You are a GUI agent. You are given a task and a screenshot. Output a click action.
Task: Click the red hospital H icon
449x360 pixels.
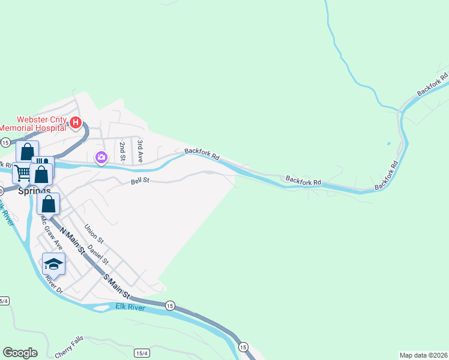[76, 124]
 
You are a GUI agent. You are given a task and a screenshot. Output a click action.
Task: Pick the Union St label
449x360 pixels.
[94, 234]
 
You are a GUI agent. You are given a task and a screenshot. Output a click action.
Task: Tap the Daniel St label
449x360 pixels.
[98, 254]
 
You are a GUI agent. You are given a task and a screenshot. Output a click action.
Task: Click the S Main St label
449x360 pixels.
[116, 286]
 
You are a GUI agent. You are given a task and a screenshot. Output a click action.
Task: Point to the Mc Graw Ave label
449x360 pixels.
[51, 232]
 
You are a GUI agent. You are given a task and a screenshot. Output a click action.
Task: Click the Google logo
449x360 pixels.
[20, 353]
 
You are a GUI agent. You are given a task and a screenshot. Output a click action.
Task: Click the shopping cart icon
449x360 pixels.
[22, 173]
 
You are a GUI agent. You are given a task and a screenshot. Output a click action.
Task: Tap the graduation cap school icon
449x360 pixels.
[53, 264]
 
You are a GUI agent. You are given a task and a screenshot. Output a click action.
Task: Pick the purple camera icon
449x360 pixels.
[101, 158]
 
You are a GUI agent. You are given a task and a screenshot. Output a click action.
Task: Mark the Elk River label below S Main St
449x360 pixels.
[131, 308]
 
